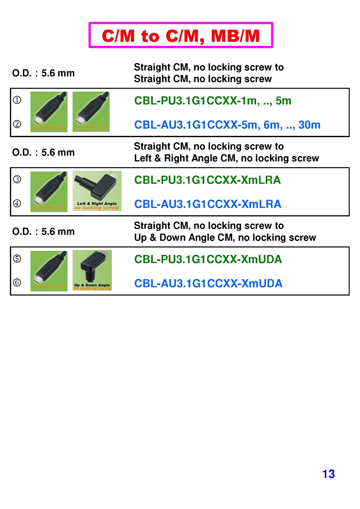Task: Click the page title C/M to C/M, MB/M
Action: coord(181,36)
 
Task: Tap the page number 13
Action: coord(328,474)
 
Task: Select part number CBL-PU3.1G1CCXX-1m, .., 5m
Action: coord(213,101)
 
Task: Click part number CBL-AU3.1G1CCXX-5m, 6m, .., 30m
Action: coord(227,125)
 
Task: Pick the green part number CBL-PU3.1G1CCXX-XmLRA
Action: coord(207,180)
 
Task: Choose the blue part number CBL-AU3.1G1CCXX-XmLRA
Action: coord(208,204)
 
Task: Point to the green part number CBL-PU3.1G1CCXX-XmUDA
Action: coord(208,259)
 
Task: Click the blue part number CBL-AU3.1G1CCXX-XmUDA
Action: coord(208,283)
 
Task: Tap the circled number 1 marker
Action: coord(17,100)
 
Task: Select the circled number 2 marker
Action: coord(17,125)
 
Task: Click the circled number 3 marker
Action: coord(17,180)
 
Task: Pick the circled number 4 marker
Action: coord(17,204)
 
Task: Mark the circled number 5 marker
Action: coord(17,259)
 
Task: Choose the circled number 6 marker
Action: coord(17,283)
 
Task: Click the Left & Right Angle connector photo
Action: coord(97,191)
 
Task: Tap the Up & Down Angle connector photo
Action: coord(92,270)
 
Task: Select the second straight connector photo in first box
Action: coord(91,112)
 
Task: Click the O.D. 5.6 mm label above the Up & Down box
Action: coord(43,232)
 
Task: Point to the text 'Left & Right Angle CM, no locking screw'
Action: coord(226,158)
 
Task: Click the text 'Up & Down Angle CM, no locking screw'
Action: coord(225,237)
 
